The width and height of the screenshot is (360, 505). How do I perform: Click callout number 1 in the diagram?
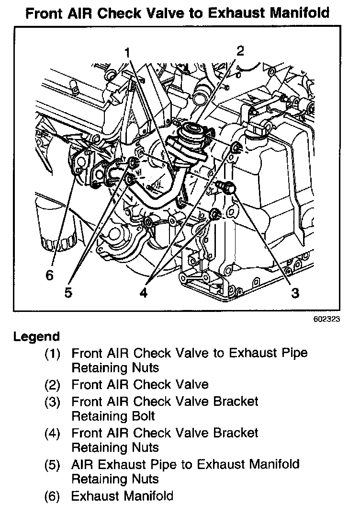[128, 52]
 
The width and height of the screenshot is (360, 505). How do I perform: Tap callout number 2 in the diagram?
[240, 51]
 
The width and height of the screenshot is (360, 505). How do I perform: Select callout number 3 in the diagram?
[295, 292]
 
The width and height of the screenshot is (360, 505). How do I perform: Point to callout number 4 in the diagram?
[143, 292]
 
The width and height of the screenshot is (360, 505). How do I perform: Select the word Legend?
[37, 336]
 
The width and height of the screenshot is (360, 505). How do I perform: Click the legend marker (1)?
[53, 354]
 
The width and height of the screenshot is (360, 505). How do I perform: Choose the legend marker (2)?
[53, 385]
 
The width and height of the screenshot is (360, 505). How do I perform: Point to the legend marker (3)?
[53, 401]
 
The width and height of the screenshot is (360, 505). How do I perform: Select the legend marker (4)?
[53, 433]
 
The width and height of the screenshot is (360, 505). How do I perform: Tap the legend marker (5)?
[53, 464]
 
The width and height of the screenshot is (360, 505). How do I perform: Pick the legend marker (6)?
[53, 496]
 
